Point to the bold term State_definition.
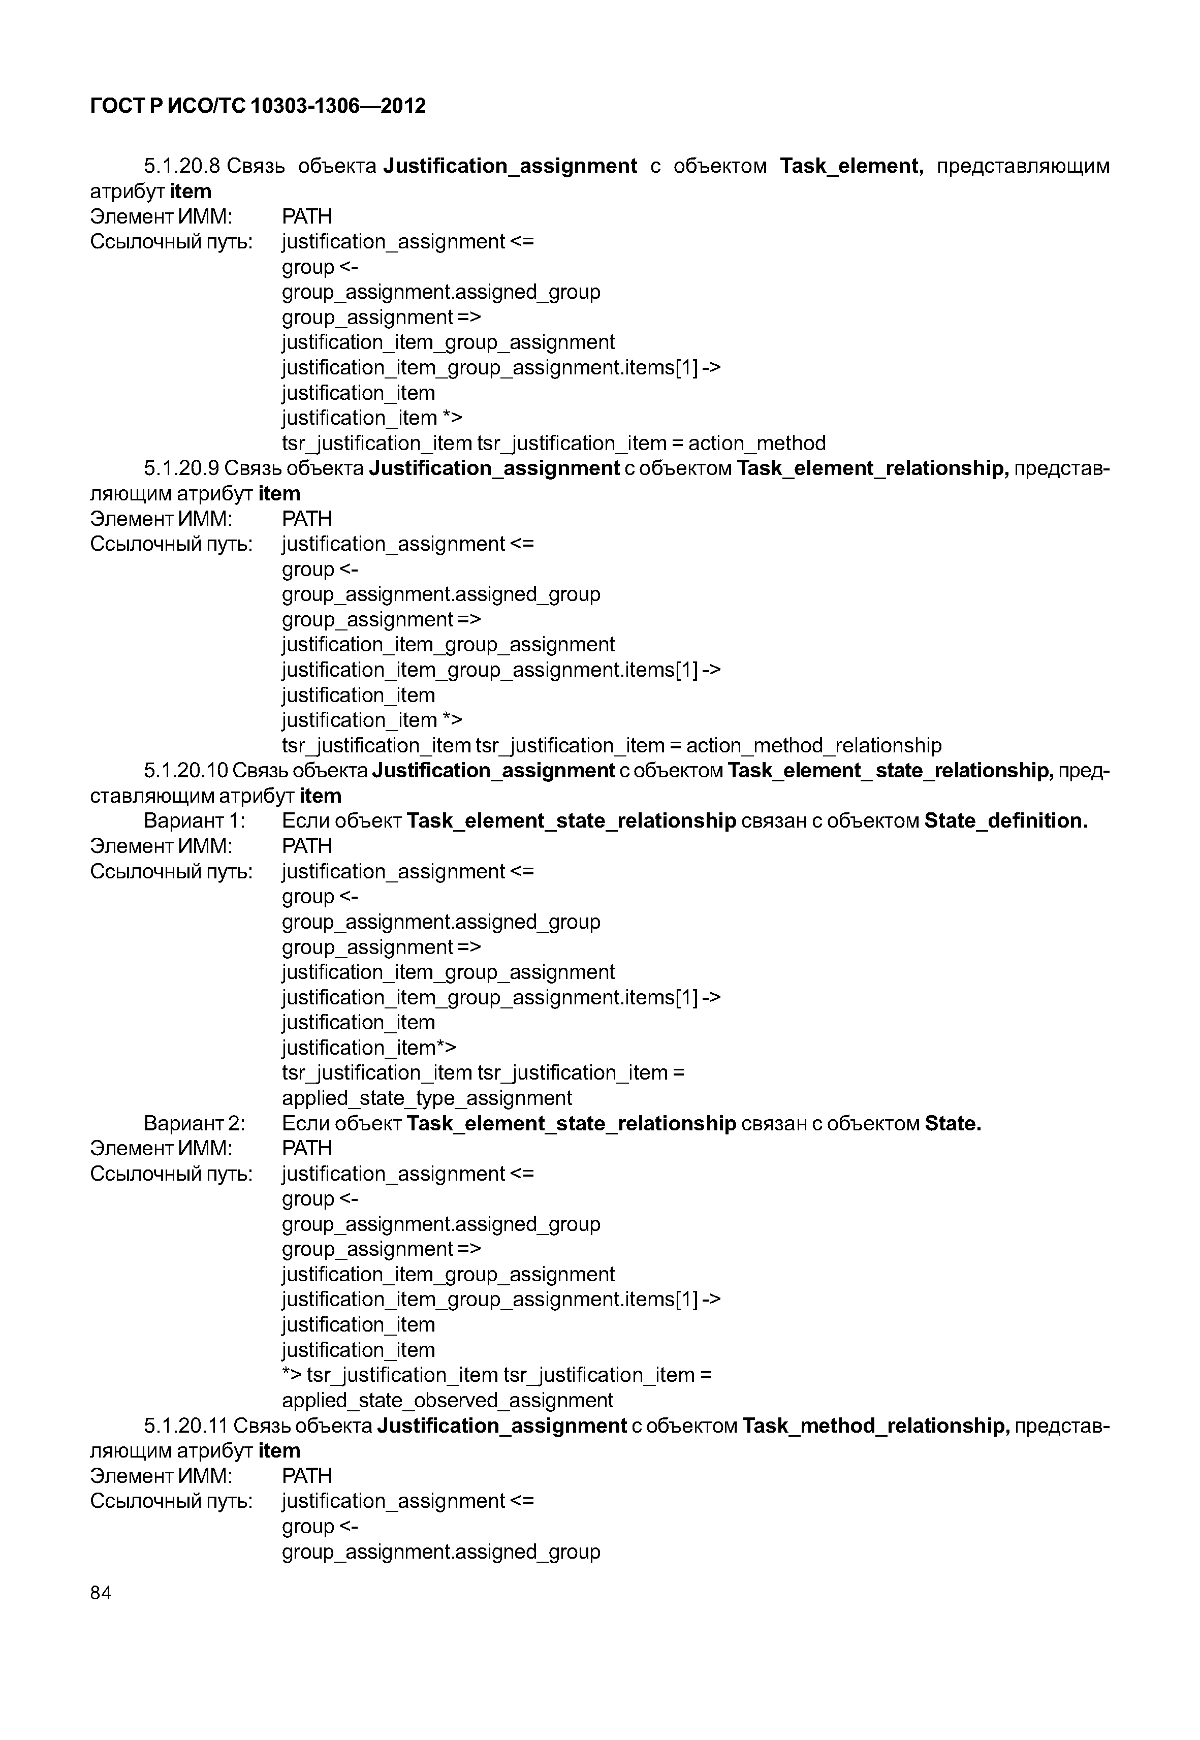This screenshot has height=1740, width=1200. point(1005,820)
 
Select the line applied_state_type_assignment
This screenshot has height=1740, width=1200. point(426,1098)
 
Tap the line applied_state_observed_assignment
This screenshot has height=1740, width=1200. point(448,1400)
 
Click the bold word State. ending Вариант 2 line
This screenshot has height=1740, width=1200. point(953,1123)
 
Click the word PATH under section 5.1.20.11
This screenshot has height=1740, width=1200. point(307,1475)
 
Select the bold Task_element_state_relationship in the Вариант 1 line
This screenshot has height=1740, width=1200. point(571,820)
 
